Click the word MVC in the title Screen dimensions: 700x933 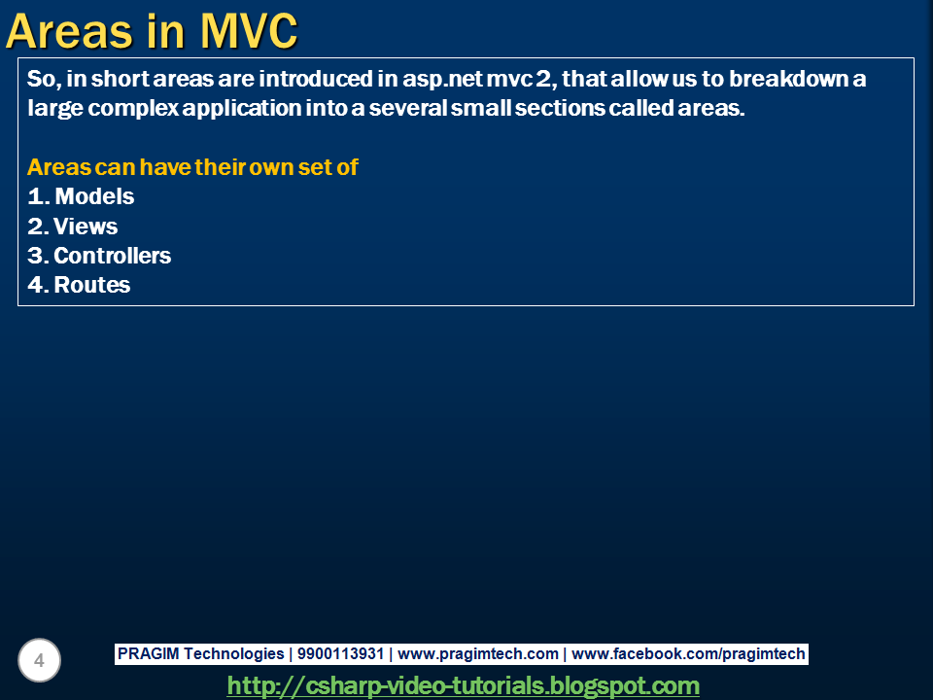(249, 31)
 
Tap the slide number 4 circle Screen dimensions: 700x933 (39, 661)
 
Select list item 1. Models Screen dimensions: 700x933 (82, 196)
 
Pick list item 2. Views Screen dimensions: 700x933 (73, 227)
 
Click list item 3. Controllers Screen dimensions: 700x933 (99, 256)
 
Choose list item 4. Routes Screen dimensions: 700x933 (80, 285)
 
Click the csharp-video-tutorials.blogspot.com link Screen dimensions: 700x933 (463, 685)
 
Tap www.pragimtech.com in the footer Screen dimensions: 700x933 (478, 654)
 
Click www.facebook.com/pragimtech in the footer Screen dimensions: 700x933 (688, 654)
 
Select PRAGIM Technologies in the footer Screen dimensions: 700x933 (200, 654)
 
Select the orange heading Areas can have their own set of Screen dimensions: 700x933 (192, 167)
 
